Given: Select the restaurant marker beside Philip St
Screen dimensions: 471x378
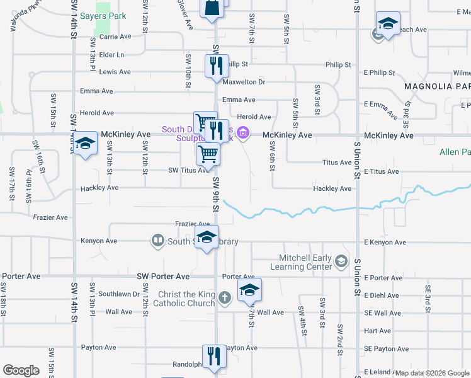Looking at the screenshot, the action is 214,65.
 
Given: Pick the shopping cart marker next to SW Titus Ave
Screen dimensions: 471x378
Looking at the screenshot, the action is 208,154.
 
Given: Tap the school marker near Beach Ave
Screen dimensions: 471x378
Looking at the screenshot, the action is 388,24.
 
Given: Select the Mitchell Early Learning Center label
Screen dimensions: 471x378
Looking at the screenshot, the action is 306,261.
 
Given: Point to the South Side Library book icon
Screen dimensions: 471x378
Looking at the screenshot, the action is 157,241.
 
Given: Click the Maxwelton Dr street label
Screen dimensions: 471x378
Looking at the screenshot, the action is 244,82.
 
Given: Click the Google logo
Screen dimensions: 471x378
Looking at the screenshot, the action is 21,370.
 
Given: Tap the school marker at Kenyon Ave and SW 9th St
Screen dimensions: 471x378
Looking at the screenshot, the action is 207,238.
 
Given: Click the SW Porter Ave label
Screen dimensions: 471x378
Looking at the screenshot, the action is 163,277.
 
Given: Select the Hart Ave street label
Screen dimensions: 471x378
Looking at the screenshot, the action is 377,331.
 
